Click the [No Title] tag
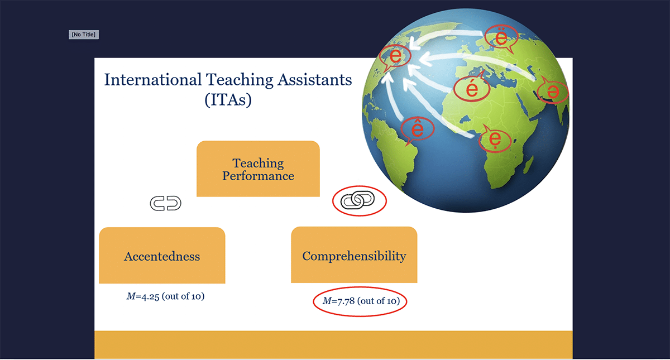(x=83, y=35)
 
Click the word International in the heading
(x=153, y=80)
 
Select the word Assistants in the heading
(x=315, y=80)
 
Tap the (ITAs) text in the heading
(x=228, y=100)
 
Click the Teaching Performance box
(x=258, y=169)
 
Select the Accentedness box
(x=162, y=256)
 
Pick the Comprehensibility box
(x=354, y=255)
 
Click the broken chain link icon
(x=165, y=203)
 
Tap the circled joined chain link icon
(x=359, y=201)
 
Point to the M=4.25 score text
(x=165, y=296)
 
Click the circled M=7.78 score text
(x=360, y=301)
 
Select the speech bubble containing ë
(x=501, y=38)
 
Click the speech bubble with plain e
(x=395, y=57)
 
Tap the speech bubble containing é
(x=472, y=88)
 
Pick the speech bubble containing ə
(x=552, y=92)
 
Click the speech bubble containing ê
(x=417, y=129)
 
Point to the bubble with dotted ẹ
(x=495, y=140)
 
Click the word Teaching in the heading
(x=240, y=80)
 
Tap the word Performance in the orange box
(x=258, y=176)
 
